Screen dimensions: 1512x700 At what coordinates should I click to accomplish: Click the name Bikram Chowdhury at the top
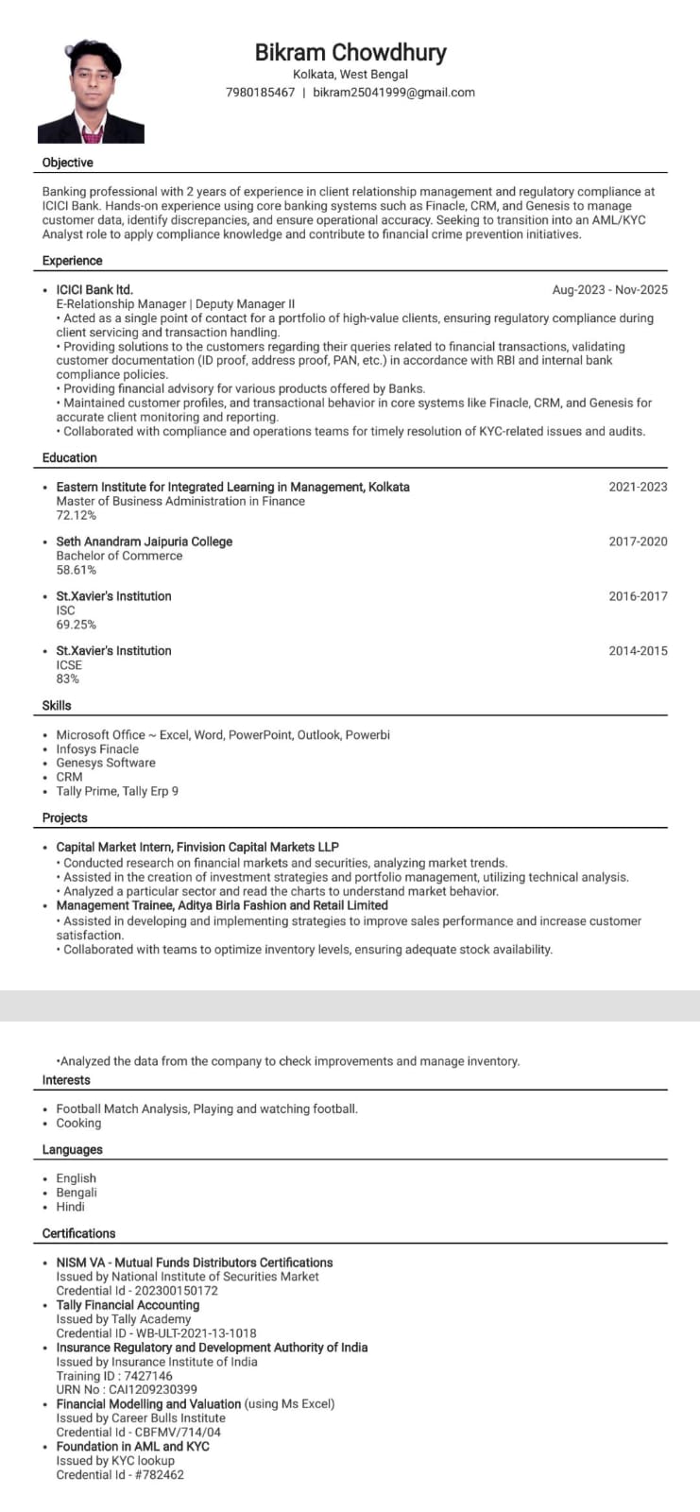click(350, 53)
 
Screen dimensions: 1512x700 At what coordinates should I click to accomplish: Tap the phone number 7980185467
click(260, 93)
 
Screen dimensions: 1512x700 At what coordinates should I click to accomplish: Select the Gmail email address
click(394, 93)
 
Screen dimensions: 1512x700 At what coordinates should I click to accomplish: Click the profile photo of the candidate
click(91, 93)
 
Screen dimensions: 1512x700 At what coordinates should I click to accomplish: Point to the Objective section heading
click(68, 163)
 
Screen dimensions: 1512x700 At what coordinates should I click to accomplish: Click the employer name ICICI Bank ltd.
click(94, 290)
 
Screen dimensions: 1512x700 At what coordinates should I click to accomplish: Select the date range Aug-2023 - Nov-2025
click(609, 290)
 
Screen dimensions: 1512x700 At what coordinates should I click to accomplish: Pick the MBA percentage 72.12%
click(77, 515)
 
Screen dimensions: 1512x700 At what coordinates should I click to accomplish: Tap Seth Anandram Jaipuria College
click(144, 541)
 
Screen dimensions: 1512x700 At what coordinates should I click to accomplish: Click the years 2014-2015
click(638, 651)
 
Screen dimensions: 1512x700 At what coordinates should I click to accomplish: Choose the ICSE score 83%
click(68, 679)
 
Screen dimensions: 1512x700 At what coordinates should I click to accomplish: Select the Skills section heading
click(57, 705)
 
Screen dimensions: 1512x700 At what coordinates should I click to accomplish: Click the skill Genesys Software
click(106, 763)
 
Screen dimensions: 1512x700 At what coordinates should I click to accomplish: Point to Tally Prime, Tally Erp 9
click(117, 791)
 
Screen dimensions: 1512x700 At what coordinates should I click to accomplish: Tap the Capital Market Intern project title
click(197, 847)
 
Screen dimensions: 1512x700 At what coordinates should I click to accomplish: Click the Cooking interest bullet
click(78, 1123)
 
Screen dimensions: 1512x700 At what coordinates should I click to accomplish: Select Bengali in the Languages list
click(77, 1193)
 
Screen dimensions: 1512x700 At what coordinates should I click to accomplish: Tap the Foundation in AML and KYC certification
click(133, 1446)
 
